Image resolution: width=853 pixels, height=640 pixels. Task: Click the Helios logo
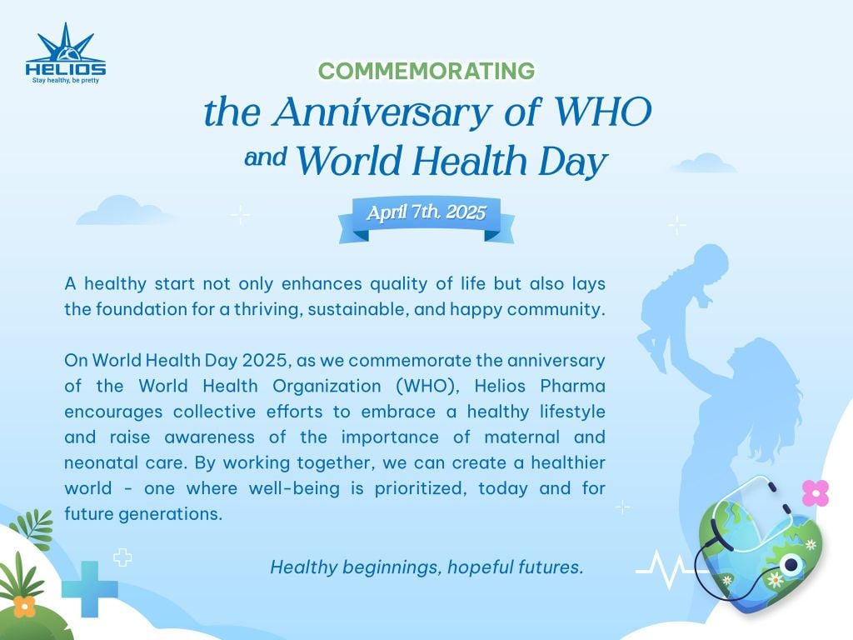tap(65, 52)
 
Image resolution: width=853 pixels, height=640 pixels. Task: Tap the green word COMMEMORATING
tap(426, 71)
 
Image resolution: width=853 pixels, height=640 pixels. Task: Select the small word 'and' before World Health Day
tap(266, 157)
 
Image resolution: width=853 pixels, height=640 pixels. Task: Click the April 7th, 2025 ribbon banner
tap(426, 218)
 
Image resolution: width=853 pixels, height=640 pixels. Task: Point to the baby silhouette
tap(683, 305)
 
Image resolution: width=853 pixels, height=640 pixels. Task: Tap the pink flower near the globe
tap(816, 492)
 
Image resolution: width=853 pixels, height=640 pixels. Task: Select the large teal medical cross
tap(90, 589)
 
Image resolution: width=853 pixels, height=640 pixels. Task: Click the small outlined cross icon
tap(122, 557)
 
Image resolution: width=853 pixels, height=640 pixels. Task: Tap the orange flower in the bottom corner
tap(24, 607)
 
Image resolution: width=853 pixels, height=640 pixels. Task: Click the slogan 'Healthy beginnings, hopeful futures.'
tap(426, 567)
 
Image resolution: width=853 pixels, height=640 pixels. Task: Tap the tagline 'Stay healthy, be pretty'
tap(65, 81)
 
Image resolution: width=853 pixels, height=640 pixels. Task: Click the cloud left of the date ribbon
tap(122, 210)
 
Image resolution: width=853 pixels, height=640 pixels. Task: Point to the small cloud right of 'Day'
tap(705, 163)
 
